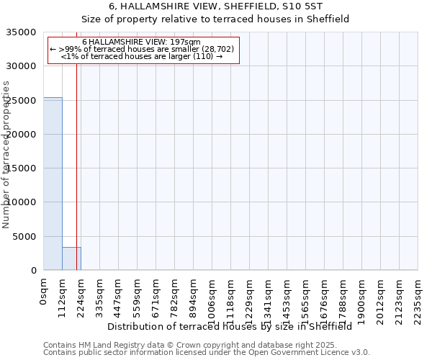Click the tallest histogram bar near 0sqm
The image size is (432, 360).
coord(53,184)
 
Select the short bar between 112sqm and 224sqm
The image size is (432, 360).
coord(71,258)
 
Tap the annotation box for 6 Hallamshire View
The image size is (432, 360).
coord(142,49)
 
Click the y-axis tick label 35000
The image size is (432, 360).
coord(22,32)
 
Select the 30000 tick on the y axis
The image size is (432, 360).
coord(22,66)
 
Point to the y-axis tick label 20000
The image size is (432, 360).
coord(22,135)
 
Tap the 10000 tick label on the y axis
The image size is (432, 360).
coord(22,202)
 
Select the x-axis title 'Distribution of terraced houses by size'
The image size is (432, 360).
coord(234,326)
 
